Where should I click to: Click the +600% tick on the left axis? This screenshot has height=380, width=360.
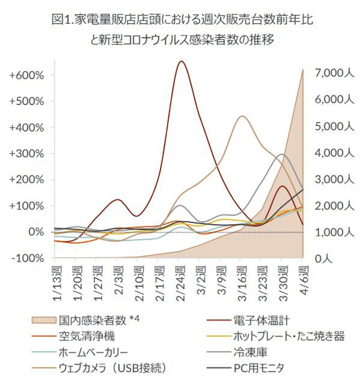pyautogui.click(x=26, y=75)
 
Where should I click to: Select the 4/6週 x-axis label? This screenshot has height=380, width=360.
pyautogui.click(x=302, y=278)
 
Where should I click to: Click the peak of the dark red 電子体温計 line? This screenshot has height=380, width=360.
pyautogui.click(x=182, y=61)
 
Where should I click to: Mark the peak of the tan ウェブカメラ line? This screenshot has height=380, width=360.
pyautogui.click(x=241, y=116)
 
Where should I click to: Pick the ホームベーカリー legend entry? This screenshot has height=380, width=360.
pyautogui.click(x=93, y=351)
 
